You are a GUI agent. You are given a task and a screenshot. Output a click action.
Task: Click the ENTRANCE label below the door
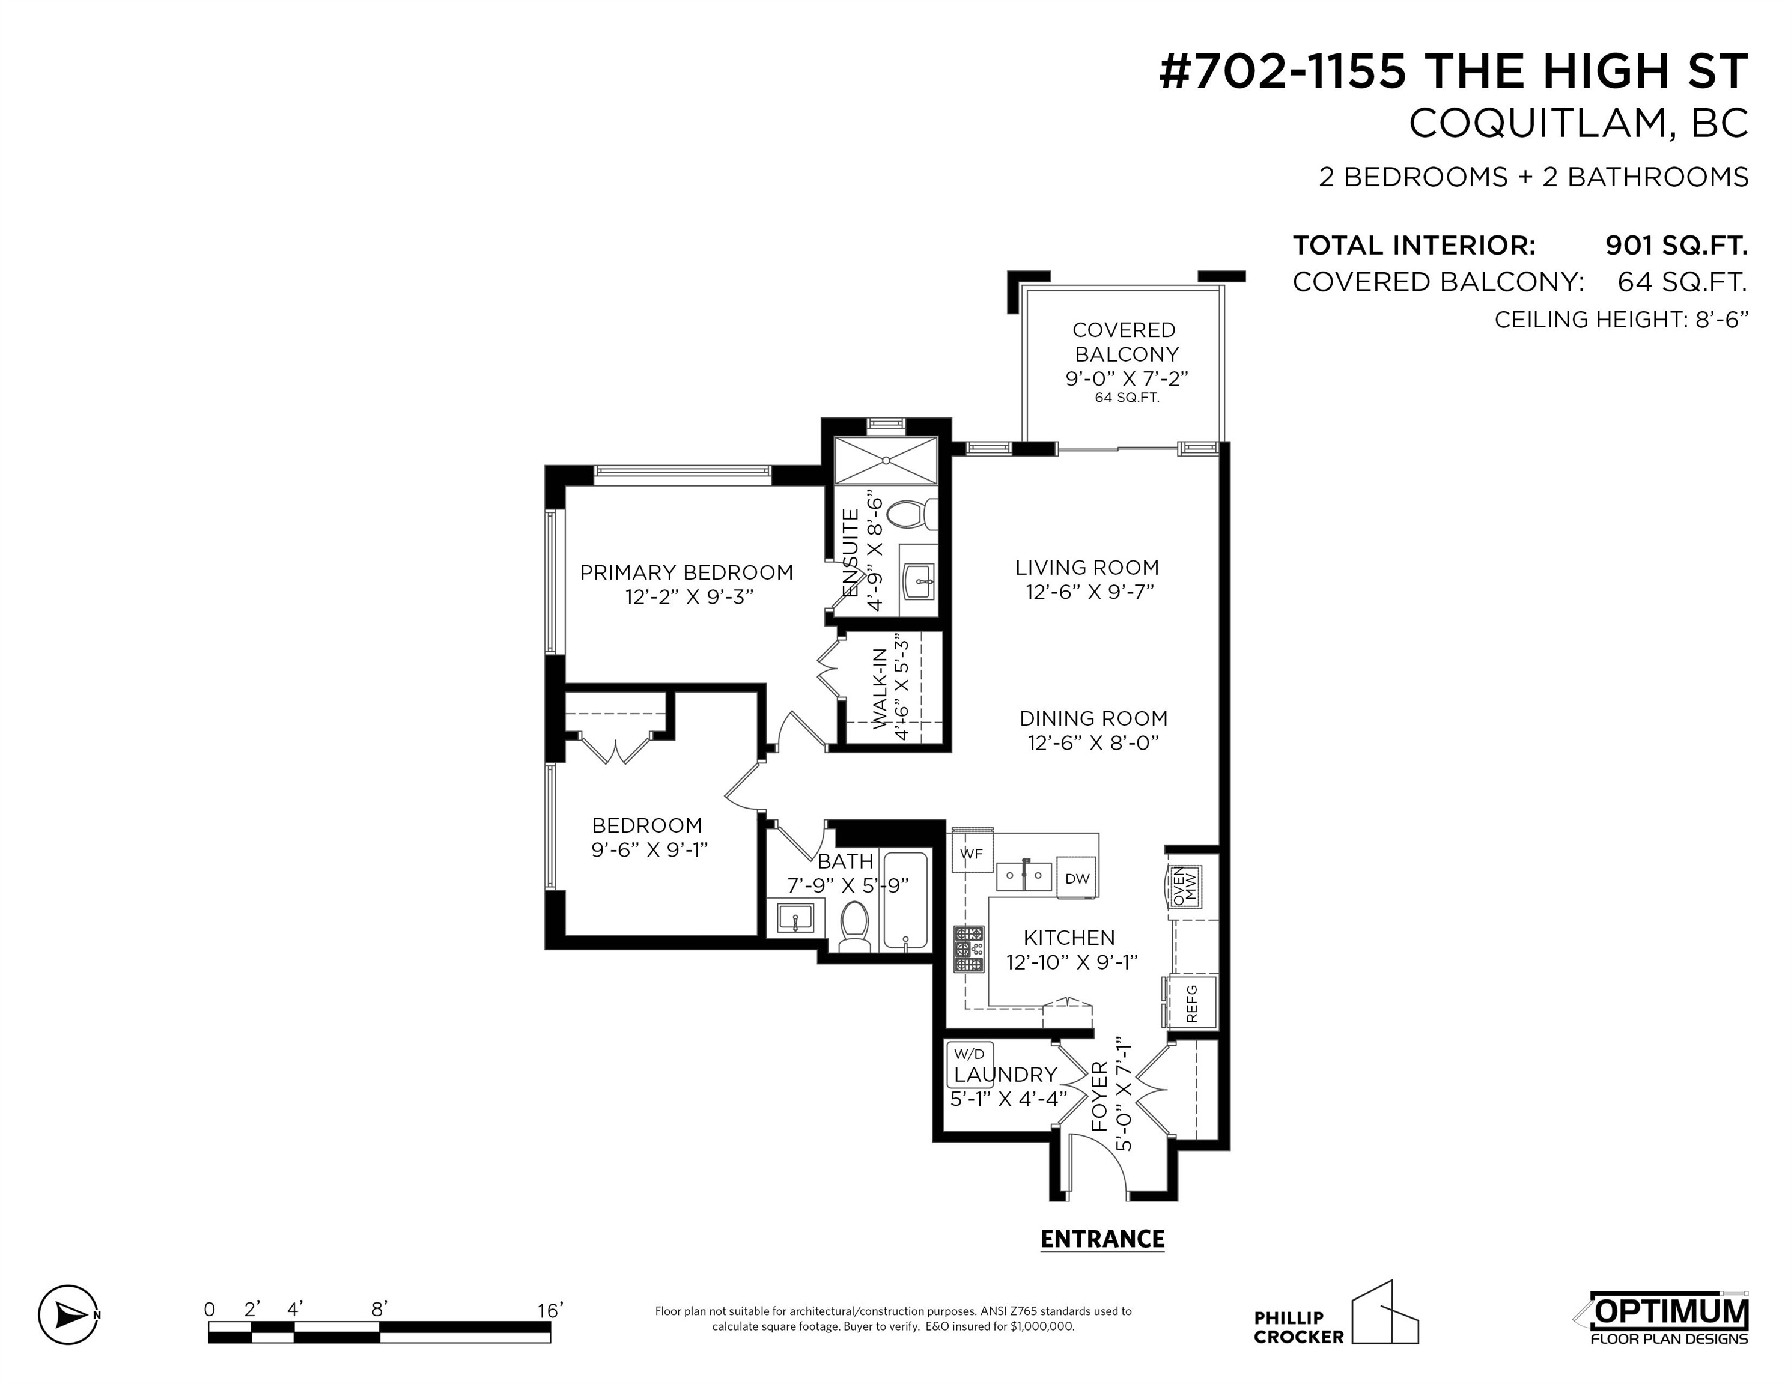(x=1102, y=1239)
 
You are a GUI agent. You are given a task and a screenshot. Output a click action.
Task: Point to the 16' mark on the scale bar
(x=550, y=1310)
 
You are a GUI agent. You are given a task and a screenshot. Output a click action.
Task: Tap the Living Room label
(x=1087, y=568)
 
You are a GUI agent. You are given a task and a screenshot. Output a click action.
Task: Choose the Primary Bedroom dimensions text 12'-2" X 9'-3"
(x=689, y=596)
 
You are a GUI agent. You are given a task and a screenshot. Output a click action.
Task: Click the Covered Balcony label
(x=1125, y=342)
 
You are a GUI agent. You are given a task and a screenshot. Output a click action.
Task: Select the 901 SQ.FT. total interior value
(x=1676, y=245)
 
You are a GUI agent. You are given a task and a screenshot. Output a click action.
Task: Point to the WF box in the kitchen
(x=971, y=854)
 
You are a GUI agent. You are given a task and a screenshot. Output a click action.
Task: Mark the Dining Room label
(x=1093, y=718)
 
